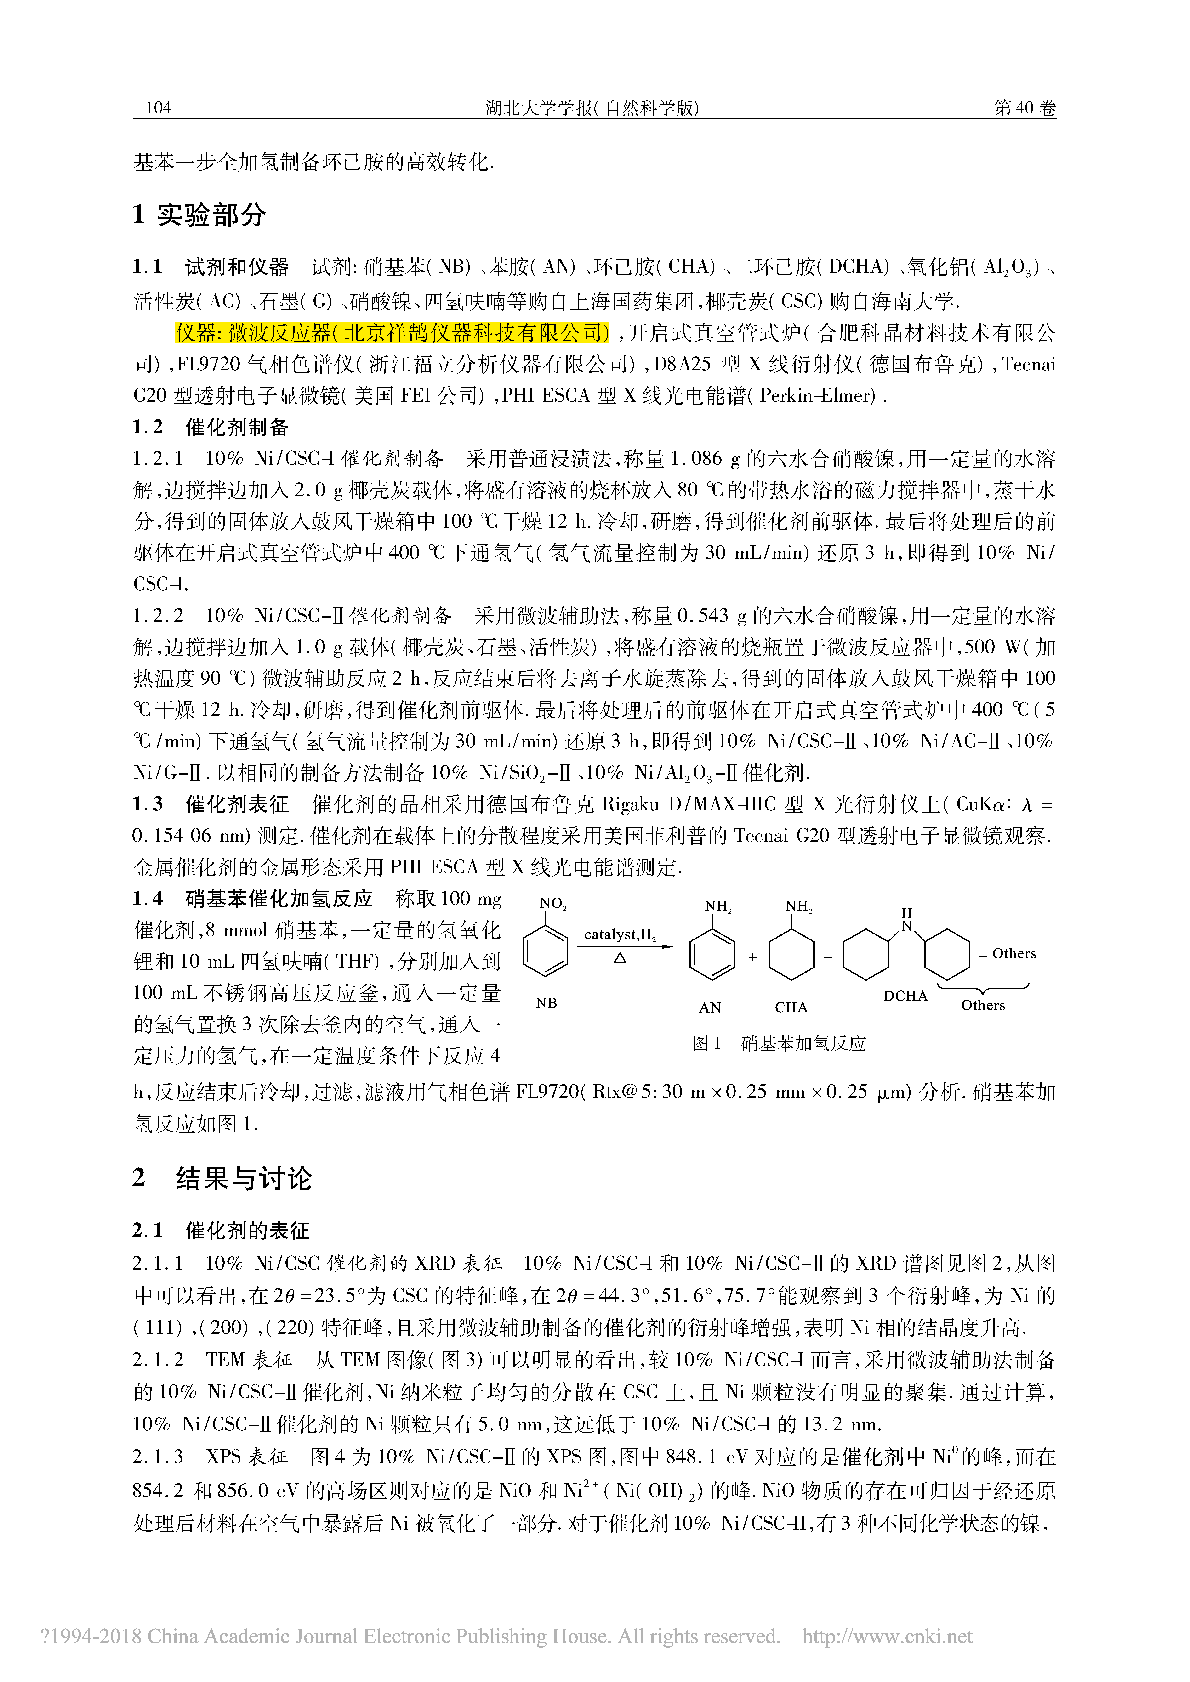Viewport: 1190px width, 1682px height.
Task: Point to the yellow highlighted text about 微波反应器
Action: pos(392,333)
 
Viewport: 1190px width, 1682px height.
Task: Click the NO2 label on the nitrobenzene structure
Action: pos(553,903)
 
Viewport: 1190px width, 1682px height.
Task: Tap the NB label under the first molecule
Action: pos(547,1003)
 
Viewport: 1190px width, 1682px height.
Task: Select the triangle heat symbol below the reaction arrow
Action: pos(620,957)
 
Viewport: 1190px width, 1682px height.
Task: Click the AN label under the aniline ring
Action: pos(710,1007)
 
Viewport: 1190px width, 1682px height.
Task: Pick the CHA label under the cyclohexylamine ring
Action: pos(791,1007)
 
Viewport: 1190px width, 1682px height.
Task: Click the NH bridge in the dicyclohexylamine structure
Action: pos(906,921)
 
